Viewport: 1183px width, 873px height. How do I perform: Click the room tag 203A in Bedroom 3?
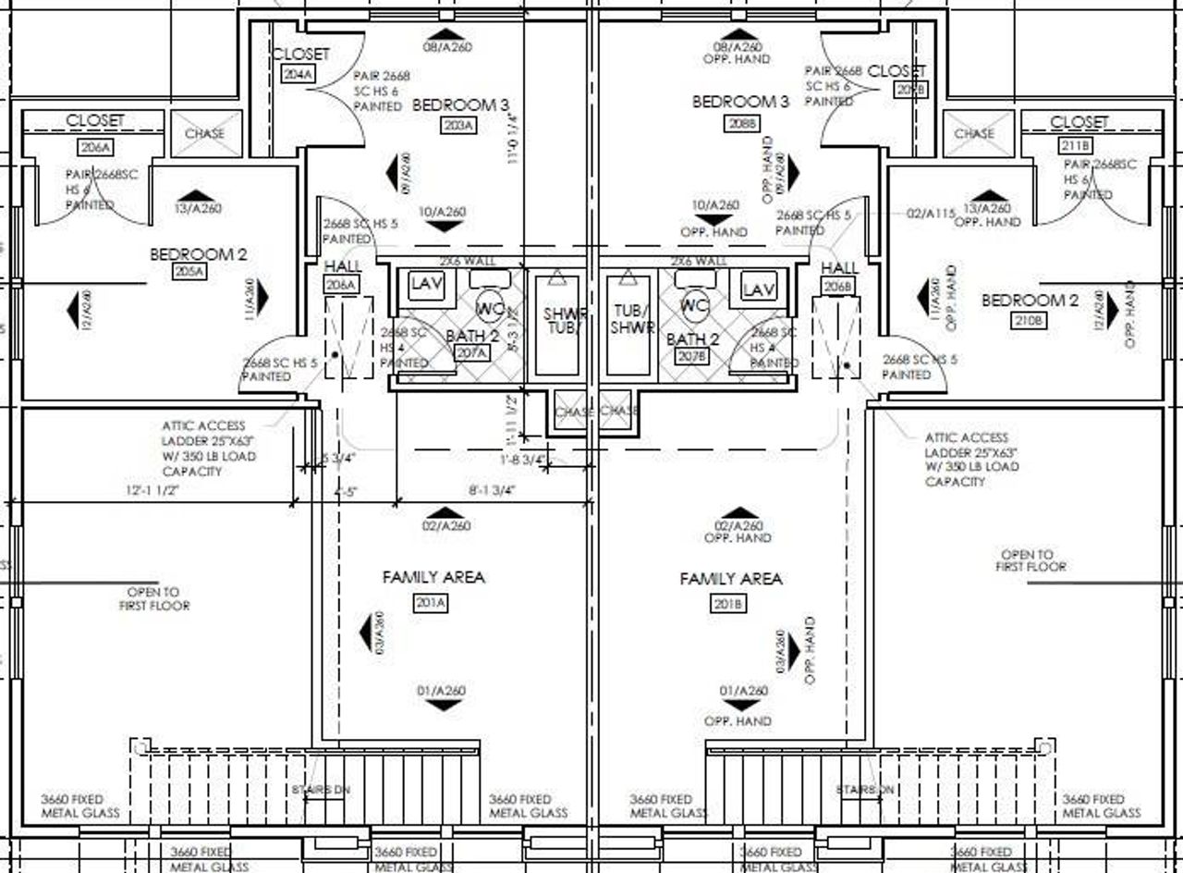point(457,126)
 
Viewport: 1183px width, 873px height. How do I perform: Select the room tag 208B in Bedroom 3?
point(740,123)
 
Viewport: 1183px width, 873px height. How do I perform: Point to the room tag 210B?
point(1030,320)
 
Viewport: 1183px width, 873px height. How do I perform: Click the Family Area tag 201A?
point(432,604)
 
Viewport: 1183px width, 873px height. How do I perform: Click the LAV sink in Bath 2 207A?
point(427,286)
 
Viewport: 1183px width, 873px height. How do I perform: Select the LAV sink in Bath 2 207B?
point(758,289)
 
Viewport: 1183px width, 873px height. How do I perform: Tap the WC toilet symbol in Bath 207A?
point(489,307)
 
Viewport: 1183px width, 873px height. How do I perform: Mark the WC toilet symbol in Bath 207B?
point(693,304)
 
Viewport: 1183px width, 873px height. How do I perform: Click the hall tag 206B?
point(839,287)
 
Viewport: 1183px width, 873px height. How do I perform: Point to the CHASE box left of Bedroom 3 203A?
point(204,133)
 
